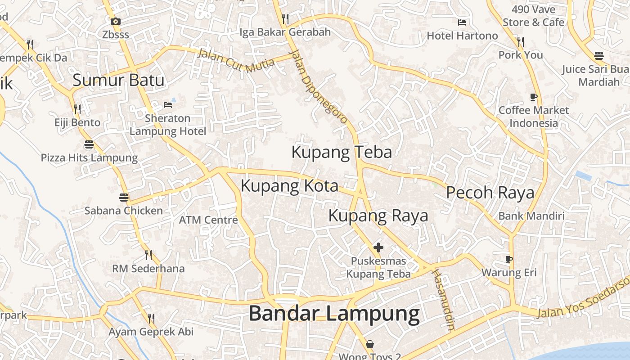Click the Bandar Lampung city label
pos(334,313)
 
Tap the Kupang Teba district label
pos(342,152)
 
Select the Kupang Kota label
pos(289,185)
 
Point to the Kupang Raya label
pos(378,216)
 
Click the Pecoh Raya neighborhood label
pos(490,193)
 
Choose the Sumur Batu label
pos(118,80)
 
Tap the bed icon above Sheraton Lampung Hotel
pos(168,105)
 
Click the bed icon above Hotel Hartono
pos(462,22)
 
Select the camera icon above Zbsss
pos(115,21)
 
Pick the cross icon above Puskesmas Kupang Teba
pos(378,247)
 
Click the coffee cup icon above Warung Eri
pos(509,259)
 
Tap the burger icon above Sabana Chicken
pos(124,197)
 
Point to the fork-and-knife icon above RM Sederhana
pos(148,255)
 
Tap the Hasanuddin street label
pos(443,299)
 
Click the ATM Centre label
pos(208,220)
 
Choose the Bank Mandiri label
pos(531,216)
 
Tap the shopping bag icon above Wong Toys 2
pos(369,344)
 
